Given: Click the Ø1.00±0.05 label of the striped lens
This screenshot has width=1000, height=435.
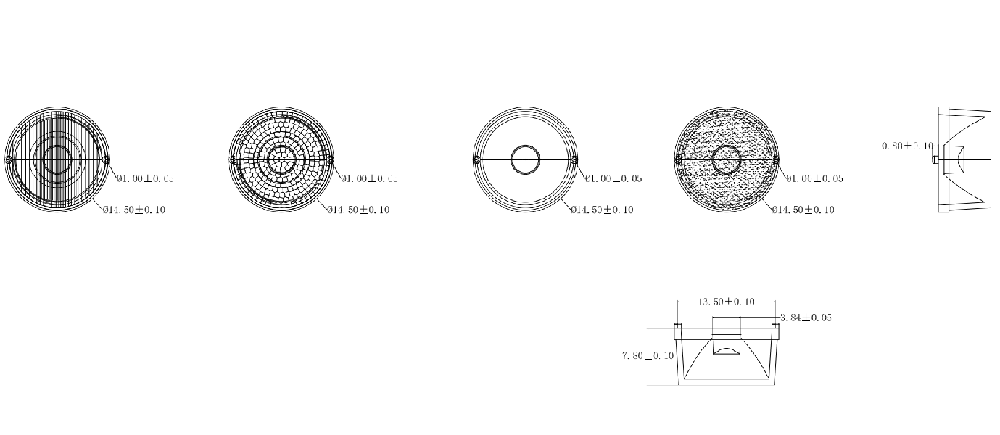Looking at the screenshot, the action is click(146, 178).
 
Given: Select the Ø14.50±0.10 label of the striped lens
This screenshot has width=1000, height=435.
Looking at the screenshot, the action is click(134, 210).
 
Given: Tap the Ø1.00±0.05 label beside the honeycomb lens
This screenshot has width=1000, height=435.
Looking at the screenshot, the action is click(369, 178).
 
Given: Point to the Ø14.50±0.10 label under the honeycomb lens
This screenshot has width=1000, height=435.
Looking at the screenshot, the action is click(358, 210).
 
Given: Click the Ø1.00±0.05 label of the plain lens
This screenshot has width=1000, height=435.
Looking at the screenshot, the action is click(613, 178).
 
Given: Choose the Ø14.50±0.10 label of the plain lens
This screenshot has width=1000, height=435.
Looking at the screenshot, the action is click(602, 210).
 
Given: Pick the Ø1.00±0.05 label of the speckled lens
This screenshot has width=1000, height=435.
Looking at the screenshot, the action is click(815, 178).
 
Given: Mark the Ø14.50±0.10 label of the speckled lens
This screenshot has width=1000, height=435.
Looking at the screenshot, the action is click(803, 210).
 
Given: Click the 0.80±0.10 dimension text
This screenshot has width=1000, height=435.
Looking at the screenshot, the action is click(908, 146).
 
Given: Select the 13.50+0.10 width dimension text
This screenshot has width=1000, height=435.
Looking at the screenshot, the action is click(727, 302).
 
